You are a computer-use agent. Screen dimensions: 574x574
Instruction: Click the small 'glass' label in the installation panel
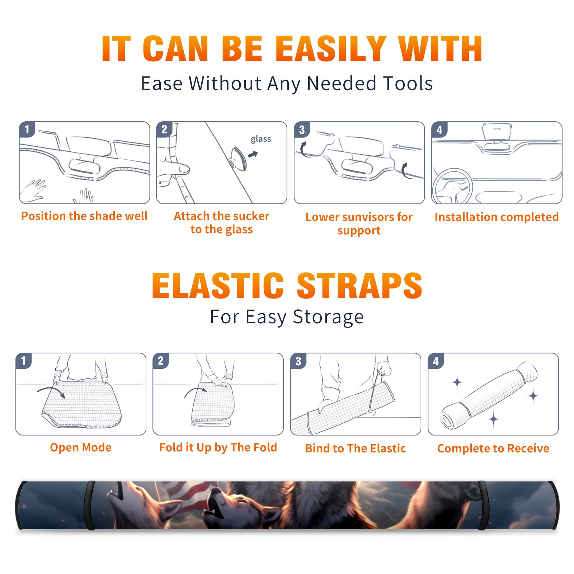coord(261,139)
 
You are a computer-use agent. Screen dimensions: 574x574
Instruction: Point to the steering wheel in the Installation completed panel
coord(452,186)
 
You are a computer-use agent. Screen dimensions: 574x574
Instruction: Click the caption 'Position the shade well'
coord(84,216)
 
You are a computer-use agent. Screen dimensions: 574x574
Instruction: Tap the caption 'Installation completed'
coord(497,217)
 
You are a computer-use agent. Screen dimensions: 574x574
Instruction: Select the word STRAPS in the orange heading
coord(360,286)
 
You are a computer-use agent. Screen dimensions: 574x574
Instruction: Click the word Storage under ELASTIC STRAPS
coord(328,317)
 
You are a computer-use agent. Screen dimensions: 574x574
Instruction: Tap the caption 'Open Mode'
coord(81,447)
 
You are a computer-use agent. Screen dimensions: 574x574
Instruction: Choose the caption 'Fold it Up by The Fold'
coord(218,448)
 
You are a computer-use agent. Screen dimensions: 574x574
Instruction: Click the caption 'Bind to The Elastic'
coord(356,448)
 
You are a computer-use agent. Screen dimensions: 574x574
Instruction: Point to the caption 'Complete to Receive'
coord(493,448)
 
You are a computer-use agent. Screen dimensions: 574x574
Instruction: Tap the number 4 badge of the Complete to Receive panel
coord(436,361)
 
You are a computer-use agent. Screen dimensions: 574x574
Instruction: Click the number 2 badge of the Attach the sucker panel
coord(165,130)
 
